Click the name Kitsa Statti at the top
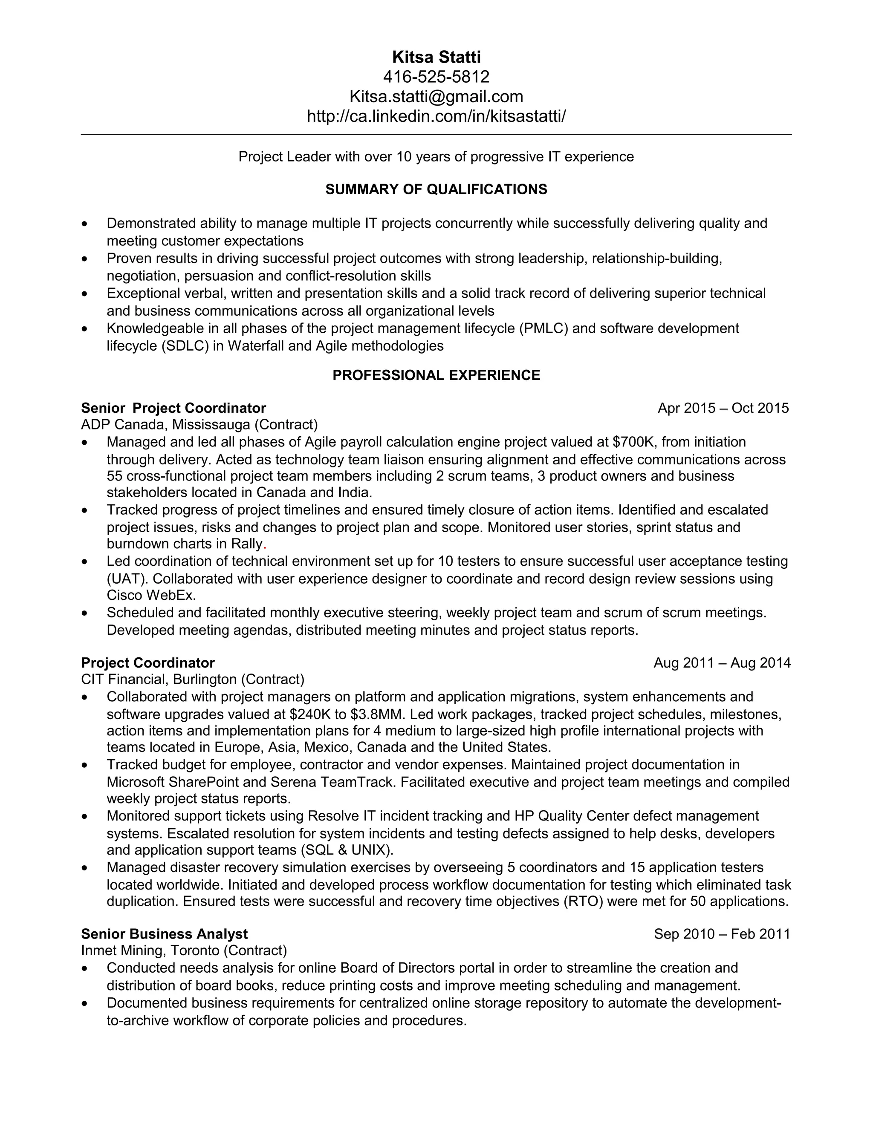436,57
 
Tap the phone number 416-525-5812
436,77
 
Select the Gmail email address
436,96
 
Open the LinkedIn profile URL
436,116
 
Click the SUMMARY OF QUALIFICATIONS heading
436,189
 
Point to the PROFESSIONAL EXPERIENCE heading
436,375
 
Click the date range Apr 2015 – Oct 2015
723,409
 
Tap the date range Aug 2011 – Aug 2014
722,663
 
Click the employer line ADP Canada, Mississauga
199,425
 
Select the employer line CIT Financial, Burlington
192,679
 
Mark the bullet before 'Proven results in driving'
85,259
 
